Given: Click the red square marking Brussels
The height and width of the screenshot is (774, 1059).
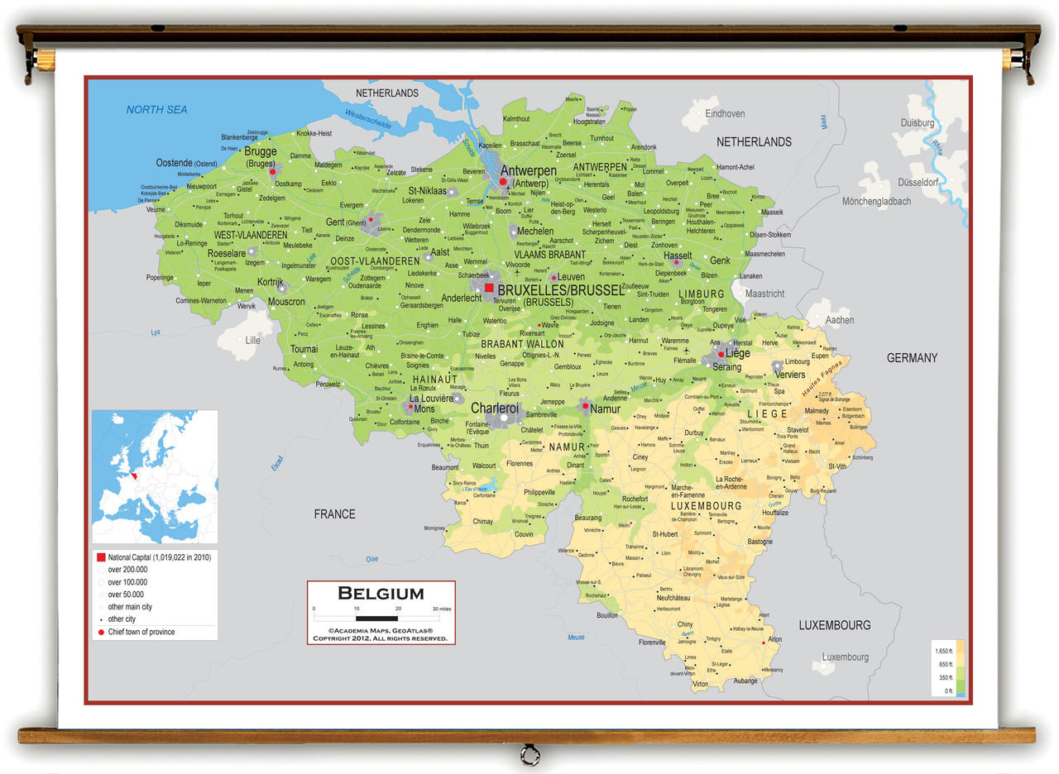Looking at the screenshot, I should (x=489, y=288).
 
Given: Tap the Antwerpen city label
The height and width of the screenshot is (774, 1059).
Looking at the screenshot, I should (x=528, y=171).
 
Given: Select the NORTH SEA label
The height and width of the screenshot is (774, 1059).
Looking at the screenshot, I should (x=156, y=110).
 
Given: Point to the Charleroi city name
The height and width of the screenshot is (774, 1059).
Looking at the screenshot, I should (x=495, y=408).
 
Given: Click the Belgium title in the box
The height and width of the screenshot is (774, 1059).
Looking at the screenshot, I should (x=381, y=593).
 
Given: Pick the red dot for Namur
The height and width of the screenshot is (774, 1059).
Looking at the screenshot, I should (x=585, y=406).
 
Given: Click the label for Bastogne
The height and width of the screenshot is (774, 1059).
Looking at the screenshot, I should (x=760, y=542).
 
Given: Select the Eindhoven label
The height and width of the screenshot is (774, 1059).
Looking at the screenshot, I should (x=725, y=114).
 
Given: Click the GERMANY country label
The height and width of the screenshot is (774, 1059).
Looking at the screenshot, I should (x=912, y=358).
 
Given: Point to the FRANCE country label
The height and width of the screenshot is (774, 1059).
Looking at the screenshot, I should (x=334, y=514).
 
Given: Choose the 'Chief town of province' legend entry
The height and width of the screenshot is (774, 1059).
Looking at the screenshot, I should (x=141, y=632).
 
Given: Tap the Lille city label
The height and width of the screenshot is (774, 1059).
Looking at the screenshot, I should (x=252, y=340).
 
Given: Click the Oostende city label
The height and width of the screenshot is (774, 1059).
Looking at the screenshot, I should (x=174, y=163).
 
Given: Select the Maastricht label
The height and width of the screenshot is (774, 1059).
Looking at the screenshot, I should (x=764, y=294).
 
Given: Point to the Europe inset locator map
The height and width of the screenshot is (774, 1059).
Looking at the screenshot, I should (x=155, y=476).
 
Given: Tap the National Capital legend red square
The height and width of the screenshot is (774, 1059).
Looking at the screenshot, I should (x=100, y=557).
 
